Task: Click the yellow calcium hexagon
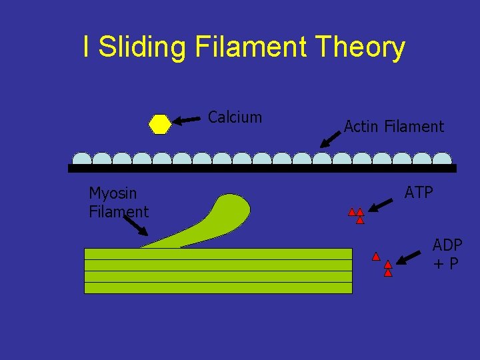point(160,125)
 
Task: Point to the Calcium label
point(235,117)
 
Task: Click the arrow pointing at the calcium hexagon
point(187,120)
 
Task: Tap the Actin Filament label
point(393,126)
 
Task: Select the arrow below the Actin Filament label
point(330,138)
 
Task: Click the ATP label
point(419,193)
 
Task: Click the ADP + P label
point(447,254)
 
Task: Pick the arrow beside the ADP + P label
point(411,258)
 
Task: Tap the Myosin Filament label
point(119,203)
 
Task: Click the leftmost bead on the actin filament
point(82,159)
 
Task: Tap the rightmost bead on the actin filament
point(442,159)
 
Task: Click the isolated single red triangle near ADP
point(376,256)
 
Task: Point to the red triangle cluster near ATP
point(357,215)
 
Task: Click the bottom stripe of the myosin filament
point(218,288)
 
